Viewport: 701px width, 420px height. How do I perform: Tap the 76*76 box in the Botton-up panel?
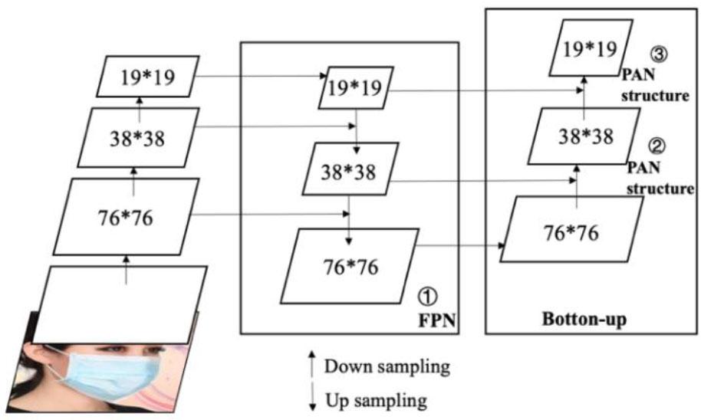[x=571, y=230]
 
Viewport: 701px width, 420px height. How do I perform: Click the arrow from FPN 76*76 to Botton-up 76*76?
[x=460, y=246]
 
